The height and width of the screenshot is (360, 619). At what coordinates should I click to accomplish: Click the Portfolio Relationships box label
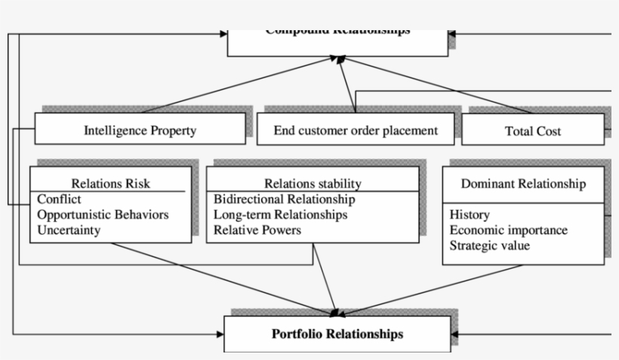point(337,334)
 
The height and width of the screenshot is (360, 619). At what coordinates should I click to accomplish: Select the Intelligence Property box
point(140,131)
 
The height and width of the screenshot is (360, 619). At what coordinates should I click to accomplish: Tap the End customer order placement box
point(356,131)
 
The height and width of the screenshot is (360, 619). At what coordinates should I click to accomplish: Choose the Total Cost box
point(533,131)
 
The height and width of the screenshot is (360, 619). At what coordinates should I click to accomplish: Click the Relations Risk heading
point(110,183)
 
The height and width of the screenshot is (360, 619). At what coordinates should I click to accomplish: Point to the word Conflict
point(59,200)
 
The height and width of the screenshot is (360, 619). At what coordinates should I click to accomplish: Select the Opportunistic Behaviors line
point(103,215)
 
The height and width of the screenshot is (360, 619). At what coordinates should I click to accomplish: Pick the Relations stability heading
point(313,183)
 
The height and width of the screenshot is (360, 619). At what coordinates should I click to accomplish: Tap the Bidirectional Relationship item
point(285,200)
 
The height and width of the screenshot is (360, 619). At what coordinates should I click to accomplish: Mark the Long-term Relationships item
point(281,215)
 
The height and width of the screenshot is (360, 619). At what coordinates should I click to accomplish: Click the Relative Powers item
point(257,230)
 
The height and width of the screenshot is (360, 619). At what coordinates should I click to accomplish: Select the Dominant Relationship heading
point(523,183)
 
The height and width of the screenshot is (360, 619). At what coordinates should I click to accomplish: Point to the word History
point(470,215)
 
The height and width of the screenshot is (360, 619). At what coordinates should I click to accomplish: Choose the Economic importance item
point(508,230)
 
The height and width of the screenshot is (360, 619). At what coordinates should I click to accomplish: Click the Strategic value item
point(489,245)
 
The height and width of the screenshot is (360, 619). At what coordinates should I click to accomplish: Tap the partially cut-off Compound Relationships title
point(337,32)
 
